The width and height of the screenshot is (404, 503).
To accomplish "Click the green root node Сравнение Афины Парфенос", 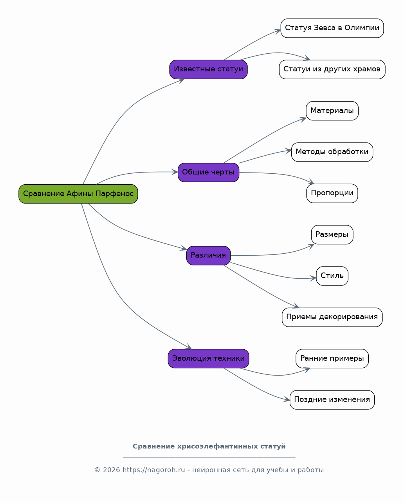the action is coord(78,194).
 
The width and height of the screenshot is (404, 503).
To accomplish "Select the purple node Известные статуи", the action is coord(208,69).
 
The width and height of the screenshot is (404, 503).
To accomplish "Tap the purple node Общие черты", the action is coord(208,173).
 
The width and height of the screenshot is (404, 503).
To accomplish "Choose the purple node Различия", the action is coord(208,256).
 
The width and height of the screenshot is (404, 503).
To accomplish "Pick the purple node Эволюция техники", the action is coord(208,359).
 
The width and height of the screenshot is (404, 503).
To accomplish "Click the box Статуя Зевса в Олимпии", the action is coord(332,28).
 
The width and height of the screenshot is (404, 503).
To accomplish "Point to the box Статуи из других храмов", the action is coord(332,69).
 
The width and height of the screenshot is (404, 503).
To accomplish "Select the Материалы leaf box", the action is coord(332,111).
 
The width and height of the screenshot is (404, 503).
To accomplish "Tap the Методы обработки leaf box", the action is coord(332,152).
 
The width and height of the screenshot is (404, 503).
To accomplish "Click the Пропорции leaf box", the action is coord(332,193).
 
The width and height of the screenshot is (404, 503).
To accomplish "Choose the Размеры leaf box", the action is coord(332,235).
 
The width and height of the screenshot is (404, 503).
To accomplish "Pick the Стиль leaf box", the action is coord(332,276).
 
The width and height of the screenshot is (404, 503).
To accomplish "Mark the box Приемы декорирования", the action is coord(332,317).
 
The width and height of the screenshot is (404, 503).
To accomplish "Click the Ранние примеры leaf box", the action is coord(332,359).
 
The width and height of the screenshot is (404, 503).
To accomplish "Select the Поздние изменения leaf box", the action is coord(332,400).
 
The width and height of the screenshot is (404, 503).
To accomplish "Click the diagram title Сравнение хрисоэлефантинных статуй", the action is coord(209,447).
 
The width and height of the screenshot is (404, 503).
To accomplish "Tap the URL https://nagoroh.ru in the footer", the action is coord(153,470).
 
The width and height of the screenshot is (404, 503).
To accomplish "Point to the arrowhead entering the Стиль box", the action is coord(313,278).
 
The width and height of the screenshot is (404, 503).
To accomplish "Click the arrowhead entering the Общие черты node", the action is coord(175,172).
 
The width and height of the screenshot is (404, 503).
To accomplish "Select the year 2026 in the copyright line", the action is coord(111,470).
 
